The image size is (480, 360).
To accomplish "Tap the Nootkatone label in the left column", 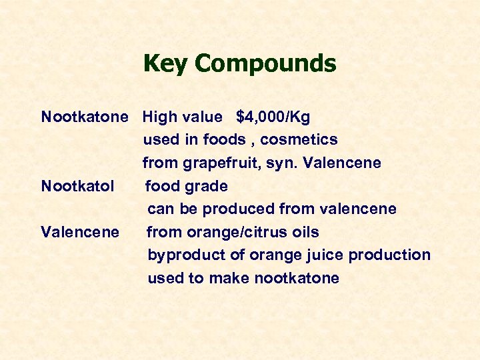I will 84,117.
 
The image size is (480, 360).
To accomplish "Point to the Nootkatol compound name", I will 77,186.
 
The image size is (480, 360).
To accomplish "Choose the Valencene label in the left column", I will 80,232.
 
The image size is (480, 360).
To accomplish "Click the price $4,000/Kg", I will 273,117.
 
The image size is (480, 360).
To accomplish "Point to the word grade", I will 206,186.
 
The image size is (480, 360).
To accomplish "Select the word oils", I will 304,232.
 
